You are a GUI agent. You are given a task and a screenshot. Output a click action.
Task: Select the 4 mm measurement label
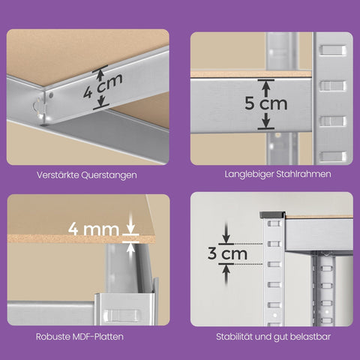coord(94,226)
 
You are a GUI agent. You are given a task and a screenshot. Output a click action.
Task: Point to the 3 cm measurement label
coord(227,254)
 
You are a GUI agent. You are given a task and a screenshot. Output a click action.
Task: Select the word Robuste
coord(53,336)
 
